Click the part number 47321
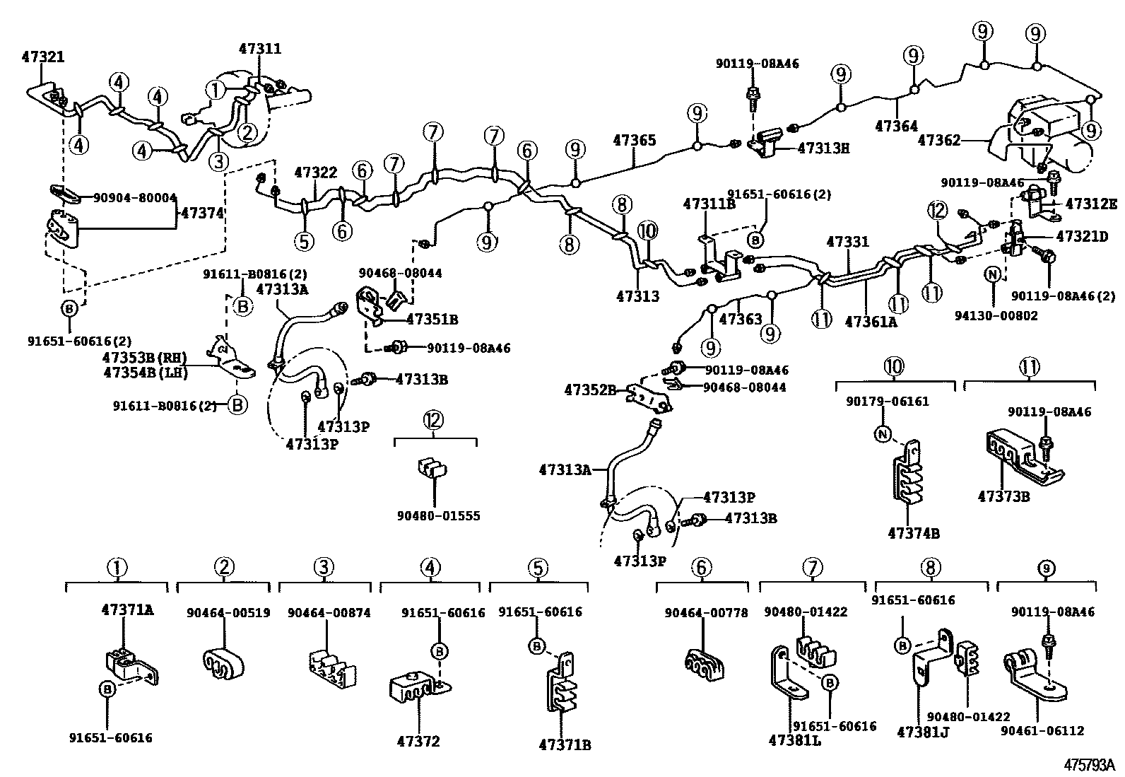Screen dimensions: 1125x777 point(43,57)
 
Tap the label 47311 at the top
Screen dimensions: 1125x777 point(259,48)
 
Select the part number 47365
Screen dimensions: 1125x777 point(635,140)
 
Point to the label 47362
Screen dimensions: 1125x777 point(939,140)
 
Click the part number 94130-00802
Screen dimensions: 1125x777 point(996,315)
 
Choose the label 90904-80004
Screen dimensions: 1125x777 point(135,197)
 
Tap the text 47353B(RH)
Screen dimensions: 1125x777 point(145,358)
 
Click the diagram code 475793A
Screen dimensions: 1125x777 point(1090,765)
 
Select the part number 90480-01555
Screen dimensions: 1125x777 point(438,515)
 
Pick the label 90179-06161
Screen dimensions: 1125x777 point(888,401)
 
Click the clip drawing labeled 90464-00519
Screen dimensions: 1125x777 point(223,664)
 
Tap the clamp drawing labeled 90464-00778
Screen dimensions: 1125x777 point(704,665)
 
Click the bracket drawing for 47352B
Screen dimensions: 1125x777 point(649,399)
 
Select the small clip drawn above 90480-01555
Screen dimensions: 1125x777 point(432,469)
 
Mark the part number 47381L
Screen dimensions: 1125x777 point(795,741)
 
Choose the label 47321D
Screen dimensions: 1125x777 point(1082,236)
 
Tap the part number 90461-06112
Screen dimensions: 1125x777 point(1042,731)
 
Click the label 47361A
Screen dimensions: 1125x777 point(871,322)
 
